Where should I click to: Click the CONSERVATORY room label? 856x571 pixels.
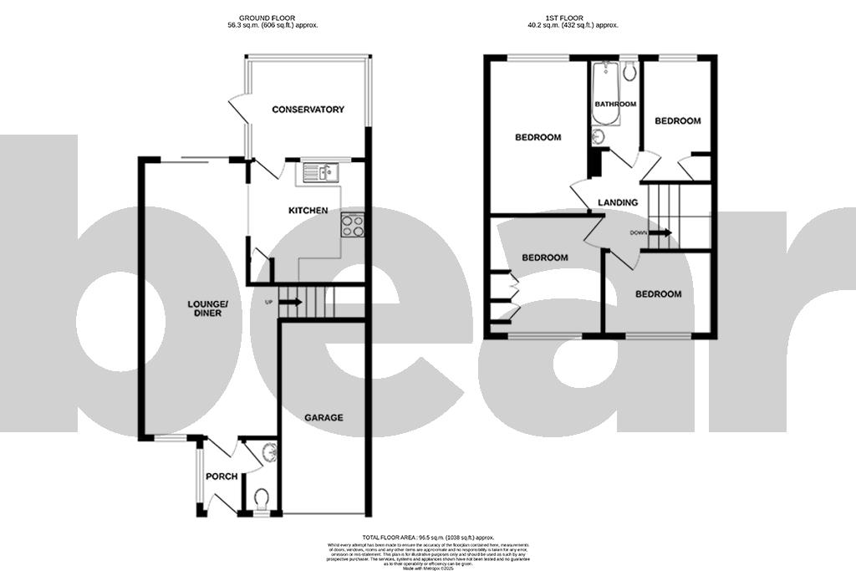(x=308, y=110)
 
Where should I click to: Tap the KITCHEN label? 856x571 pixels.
(x=308, y=211)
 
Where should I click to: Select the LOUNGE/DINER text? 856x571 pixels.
(x=207, y=308)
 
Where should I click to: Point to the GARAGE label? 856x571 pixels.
(x=323, y=417)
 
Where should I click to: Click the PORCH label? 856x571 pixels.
(x=222, y=477)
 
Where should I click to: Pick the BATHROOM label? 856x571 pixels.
(x=614, y=105)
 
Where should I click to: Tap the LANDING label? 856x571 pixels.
(x=618, y=202)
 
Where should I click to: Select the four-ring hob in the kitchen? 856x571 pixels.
(x=351, y=224)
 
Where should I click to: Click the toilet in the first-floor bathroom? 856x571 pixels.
(x=629, y=72)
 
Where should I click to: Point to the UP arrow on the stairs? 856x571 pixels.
(x=288, y=301)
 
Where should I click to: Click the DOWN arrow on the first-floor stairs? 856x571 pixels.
(x=660, y=233)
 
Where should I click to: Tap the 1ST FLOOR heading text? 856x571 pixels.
(x=573, y=18)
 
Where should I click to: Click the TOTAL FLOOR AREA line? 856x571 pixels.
(x=428, y=537)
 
